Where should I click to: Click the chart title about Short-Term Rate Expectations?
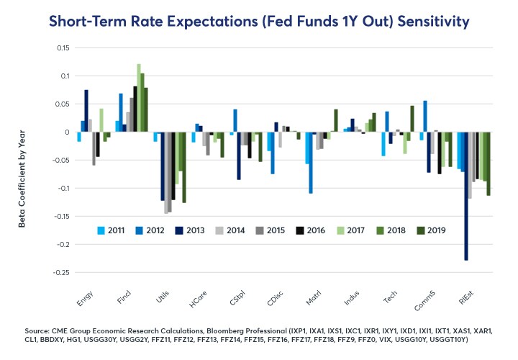pos(259,22)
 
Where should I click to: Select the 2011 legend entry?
pos(112,230)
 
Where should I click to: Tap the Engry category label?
pos(86,293)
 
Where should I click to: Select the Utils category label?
pos(161,293)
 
